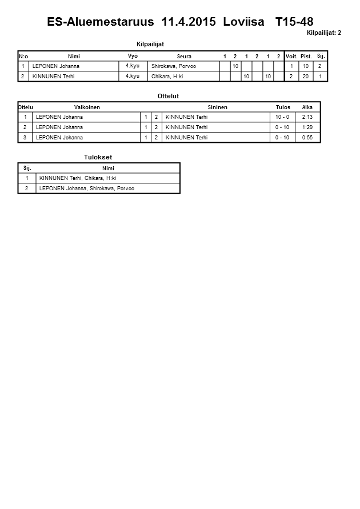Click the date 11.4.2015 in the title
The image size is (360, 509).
coord(189,22)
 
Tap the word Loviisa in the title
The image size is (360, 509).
coord(244,22)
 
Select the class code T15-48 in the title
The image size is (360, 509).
coord(294,22)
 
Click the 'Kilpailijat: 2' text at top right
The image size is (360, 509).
coord(324,33)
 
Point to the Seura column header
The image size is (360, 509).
coord(184,57)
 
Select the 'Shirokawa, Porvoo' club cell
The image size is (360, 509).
coord(173,66)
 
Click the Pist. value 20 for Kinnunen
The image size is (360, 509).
coord(306,77)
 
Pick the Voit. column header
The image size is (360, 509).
coord(291,57)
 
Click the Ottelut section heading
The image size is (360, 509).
coord(168,97)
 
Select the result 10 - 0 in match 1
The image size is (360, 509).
coord(282,117)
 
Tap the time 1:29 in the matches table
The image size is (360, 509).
coord(307,127)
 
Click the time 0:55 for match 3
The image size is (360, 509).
coord(307,138)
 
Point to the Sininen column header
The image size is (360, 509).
coord(217,107)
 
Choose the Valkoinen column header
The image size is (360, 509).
coord(87,107)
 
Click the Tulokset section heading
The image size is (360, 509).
coord(98,157)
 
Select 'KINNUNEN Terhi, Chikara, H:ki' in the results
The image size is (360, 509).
coord(78,178)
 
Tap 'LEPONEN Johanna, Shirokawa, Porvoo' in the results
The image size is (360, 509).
coord(87,189)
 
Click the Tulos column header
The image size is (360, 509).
coord(283,107)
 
